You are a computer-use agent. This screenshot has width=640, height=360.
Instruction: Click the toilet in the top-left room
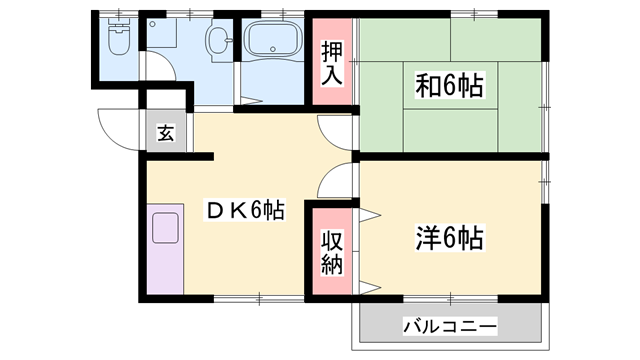117,39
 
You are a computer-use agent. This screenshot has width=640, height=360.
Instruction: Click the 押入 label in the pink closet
331,61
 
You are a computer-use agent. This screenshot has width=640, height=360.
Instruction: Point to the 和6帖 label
449,87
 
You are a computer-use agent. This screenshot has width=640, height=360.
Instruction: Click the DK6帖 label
244,210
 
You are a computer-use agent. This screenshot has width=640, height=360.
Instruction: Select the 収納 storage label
331,251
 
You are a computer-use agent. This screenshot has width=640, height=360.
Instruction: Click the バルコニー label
449,326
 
